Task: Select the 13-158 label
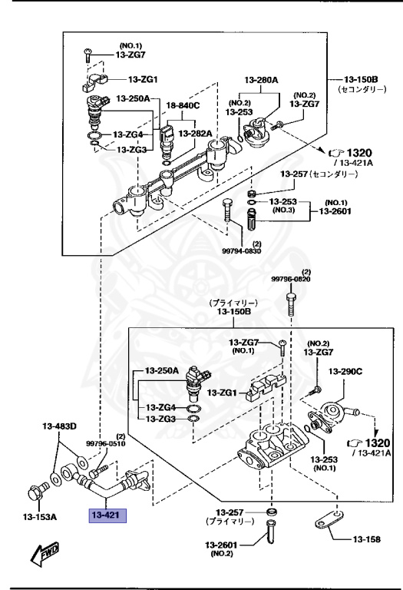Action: click(366, 539)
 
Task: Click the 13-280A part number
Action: click(262, 81)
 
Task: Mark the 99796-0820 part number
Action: click(291, 280)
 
